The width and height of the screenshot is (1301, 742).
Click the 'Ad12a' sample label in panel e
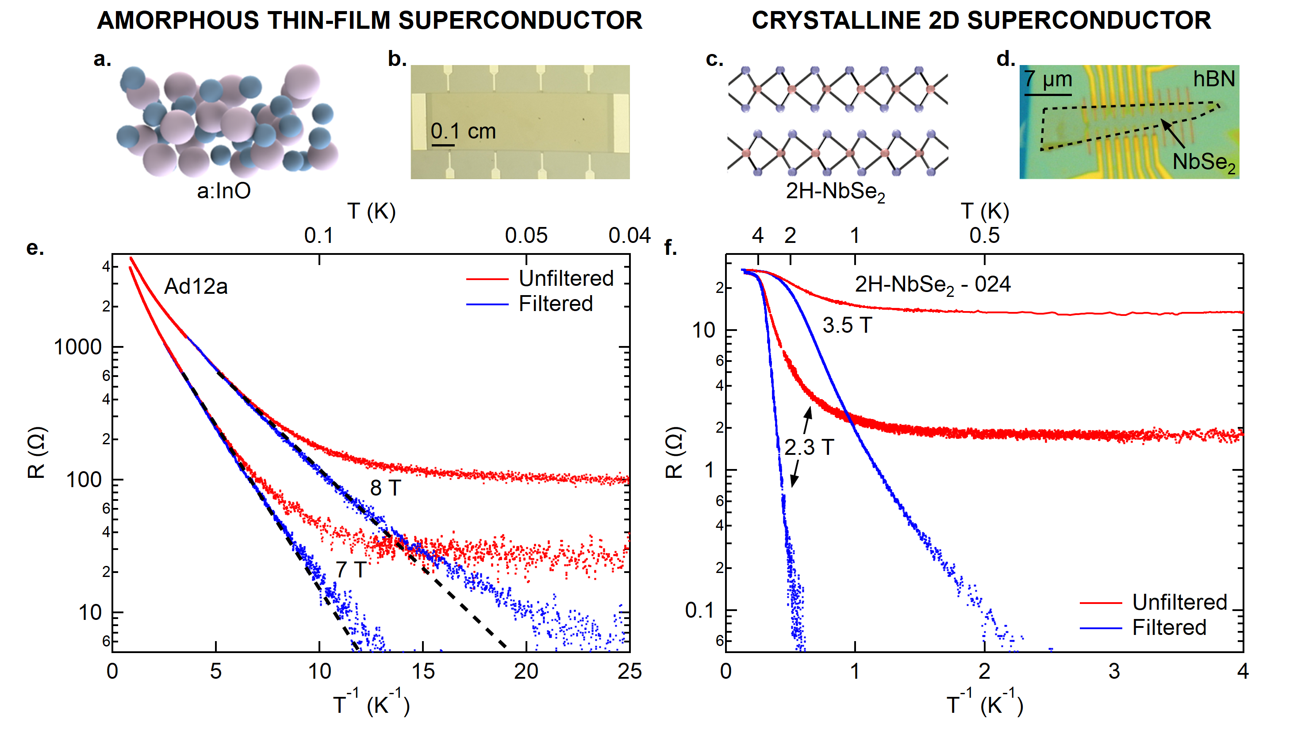click(x=196, y=286)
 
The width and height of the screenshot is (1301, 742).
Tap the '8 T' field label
click(x=385, y=488)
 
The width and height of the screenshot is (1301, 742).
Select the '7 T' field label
click(x=350, y=570)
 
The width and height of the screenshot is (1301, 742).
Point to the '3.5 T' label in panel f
click(x=847, y=325)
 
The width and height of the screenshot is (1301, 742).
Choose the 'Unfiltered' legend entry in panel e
click(x=566, y=278)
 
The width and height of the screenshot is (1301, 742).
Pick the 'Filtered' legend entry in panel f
click(x=1169, y=627)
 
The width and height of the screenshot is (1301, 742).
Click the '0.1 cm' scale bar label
click(x=463, y=131)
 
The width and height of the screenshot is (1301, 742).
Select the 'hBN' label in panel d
click(x=1214, y=79)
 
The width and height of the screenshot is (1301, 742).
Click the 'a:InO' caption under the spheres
click(x=224, y=191)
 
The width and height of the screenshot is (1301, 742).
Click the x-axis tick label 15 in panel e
click(x=423, y=672)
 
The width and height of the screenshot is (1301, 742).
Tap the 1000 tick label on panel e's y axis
click(x=78, y=347)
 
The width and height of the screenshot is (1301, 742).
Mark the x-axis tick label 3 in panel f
click(x=1114, y=672)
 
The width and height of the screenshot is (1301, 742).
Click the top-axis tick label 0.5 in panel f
click(x=984, y=235)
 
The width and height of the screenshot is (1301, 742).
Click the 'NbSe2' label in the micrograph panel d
click(x=1204, y=162)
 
